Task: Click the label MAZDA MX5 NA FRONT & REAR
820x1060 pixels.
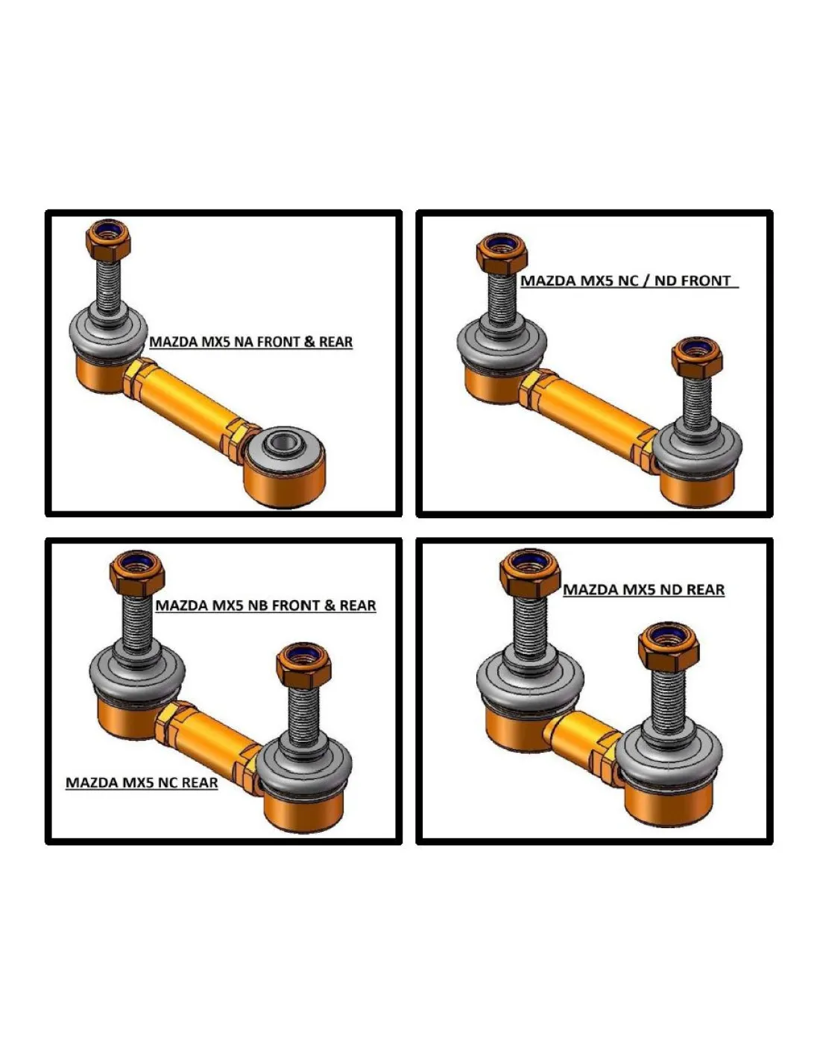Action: tap(250, 341)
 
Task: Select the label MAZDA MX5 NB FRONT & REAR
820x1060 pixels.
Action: tap(265, 605)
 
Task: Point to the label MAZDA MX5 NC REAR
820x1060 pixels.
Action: tap(142, 783)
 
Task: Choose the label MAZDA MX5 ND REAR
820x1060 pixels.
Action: tap(643, 590)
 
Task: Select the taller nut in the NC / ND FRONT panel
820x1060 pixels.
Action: tap(502, 254)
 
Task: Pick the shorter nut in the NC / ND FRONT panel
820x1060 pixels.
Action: tap(696, 358)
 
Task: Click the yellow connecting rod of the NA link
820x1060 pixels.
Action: tap(190, 400)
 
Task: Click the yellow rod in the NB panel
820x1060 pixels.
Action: tap(209, 737)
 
